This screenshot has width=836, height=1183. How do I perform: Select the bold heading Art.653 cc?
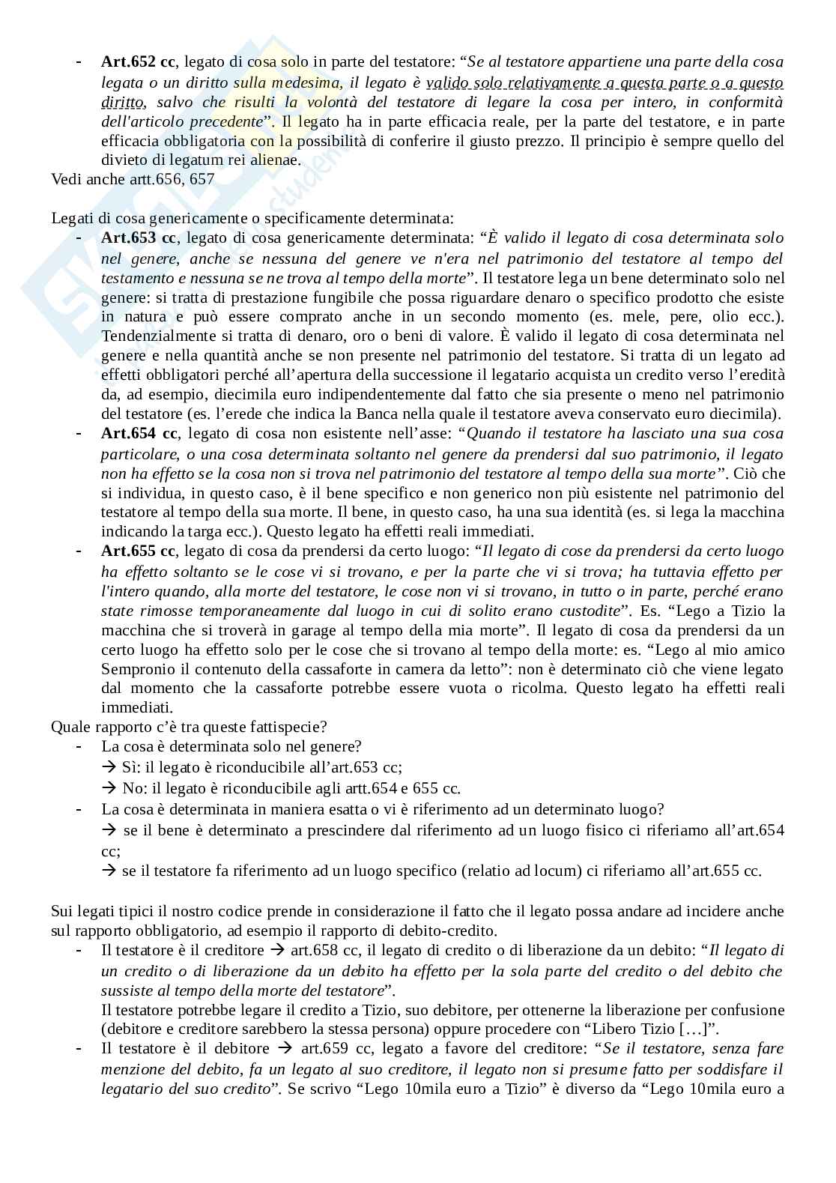click(138, 238)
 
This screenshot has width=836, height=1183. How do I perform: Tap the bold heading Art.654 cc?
click(138, 434)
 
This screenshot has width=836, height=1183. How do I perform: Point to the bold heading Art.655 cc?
click(138, 551)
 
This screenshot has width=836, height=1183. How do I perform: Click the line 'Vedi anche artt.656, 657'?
click(133, 179)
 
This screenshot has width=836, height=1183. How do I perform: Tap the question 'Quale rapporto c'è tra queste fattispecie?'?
click(188, 727)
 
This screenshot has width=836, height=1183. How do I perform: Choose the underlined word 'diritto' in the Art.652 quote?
click(123, 102)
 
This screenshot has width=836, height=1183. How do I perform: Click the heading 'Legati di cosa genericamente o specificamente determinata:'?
click(252, 218)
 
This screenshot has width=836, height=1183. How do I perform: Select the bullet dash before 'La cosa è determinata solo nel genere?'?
click(79, 747)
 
